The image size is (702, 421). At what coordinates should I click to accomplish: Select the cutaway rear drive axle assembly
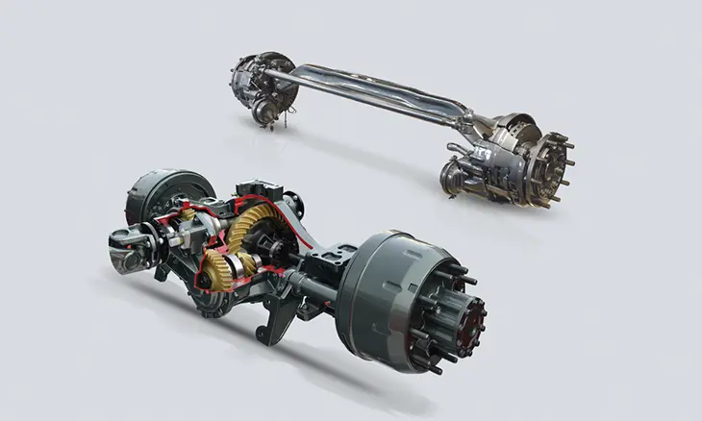(288, 260)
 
